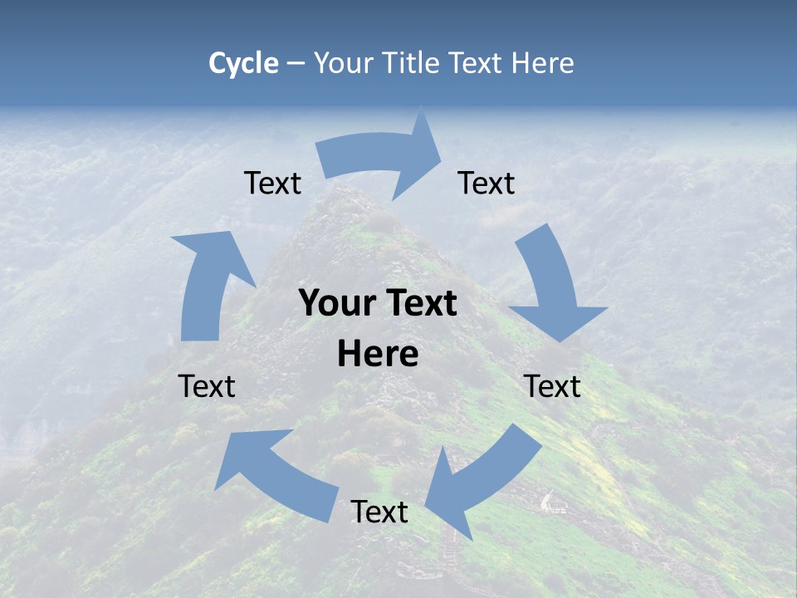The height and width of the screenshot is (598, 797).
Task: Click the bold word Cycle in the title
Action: pyautogui.click(x=243, y=63)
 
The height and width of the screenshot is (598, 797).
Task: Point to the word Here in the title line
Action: pyautogui.click(x=543, y=63)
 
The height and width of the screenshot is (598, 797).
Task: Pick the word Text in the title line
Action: pyautogui.click(x=477, y=63)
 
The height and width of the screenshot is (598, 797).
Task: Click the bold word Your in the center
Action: pyautogui.click(x=337, y=304)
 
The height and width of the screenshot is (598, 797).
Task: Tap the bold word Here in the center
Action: pyautogui.click(x=378, y=355)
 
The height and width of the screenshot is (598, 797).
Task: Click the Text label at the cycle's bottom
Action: pyautogui.click(x=379, y=512)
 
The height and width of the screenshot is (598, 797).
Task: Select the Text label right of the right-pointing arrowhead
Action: pyautogui.click(x=487, y=183)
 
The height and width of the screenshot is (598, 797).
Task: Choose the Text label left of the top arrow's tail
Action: pyautogui.click(x=272, y=183)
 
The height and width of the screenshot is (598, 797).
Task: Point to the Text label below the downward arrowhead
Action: pyautogui.click(x=553, y=386)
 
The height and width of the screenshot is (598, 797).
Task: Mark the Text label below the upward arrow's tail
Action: pyautogui.click(x=207, y=386)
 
